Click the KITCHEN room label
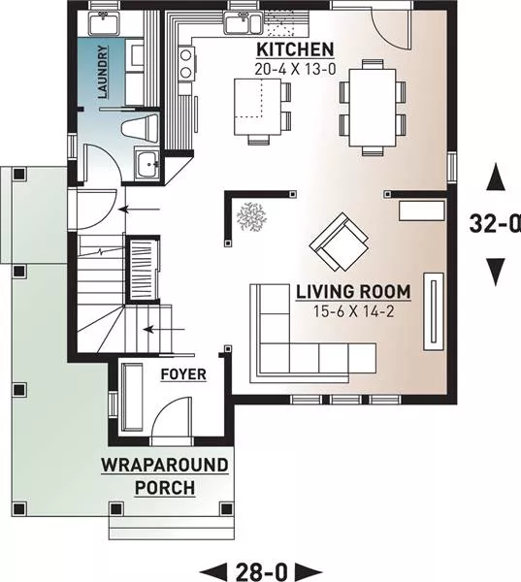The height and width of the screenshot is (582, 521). pyautogui.click(x=295, y=49)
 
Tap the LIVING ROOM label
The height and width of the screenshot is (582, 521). pyautogui.click(x=353, y=292)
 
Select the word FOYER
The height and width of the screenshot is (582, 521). pyautogui.click(x=183, y=374)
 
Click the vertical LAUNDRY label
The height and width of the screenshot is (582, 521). pyautogui.click(x=103, y=72)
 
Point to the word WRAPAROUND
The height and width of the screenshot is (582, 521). pyautogui.click(x=165, y=466)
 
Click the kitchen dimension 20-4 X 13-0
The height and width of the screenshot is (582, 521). pyautogui.click(x=295, y=69)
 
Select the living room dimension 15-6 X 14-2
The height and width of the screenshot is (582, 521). pyautogui.click(x=353, y=311)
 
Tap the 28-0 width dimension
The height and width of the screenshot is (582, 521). pyautogui.click(x=261, y=571)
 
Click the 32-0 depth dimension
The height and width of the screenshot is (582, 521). pyautogui.click(x=495, y=224)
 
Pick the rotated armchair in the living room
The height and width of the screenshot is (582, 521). pyautogui.click(x=339, y=242)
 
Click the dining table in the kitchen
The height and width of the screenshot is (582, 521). pyautogui.click(x=373, y=108)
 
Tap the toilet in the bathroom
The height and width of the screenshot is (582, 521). pyautogui.click(x=141, y=128)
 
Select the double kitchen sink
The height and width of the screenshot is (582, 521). pyautogui.click(x=243, y=22)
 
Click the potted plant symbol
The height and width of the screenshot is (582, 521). pyautogui.click(x=251, y=216)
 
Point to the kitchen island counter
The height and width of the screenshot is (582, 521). pyautogui.click(x=257, y=108)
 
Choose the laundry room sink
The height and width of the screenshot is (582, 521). pyautogui.click(x=103, y=23)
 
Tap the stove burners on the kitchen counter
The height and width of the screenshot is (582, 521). pyautogui.click(x=185, y=63)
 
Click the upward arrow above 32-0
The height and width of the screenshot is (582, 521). pyautogui.click(x=496, y=178)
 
